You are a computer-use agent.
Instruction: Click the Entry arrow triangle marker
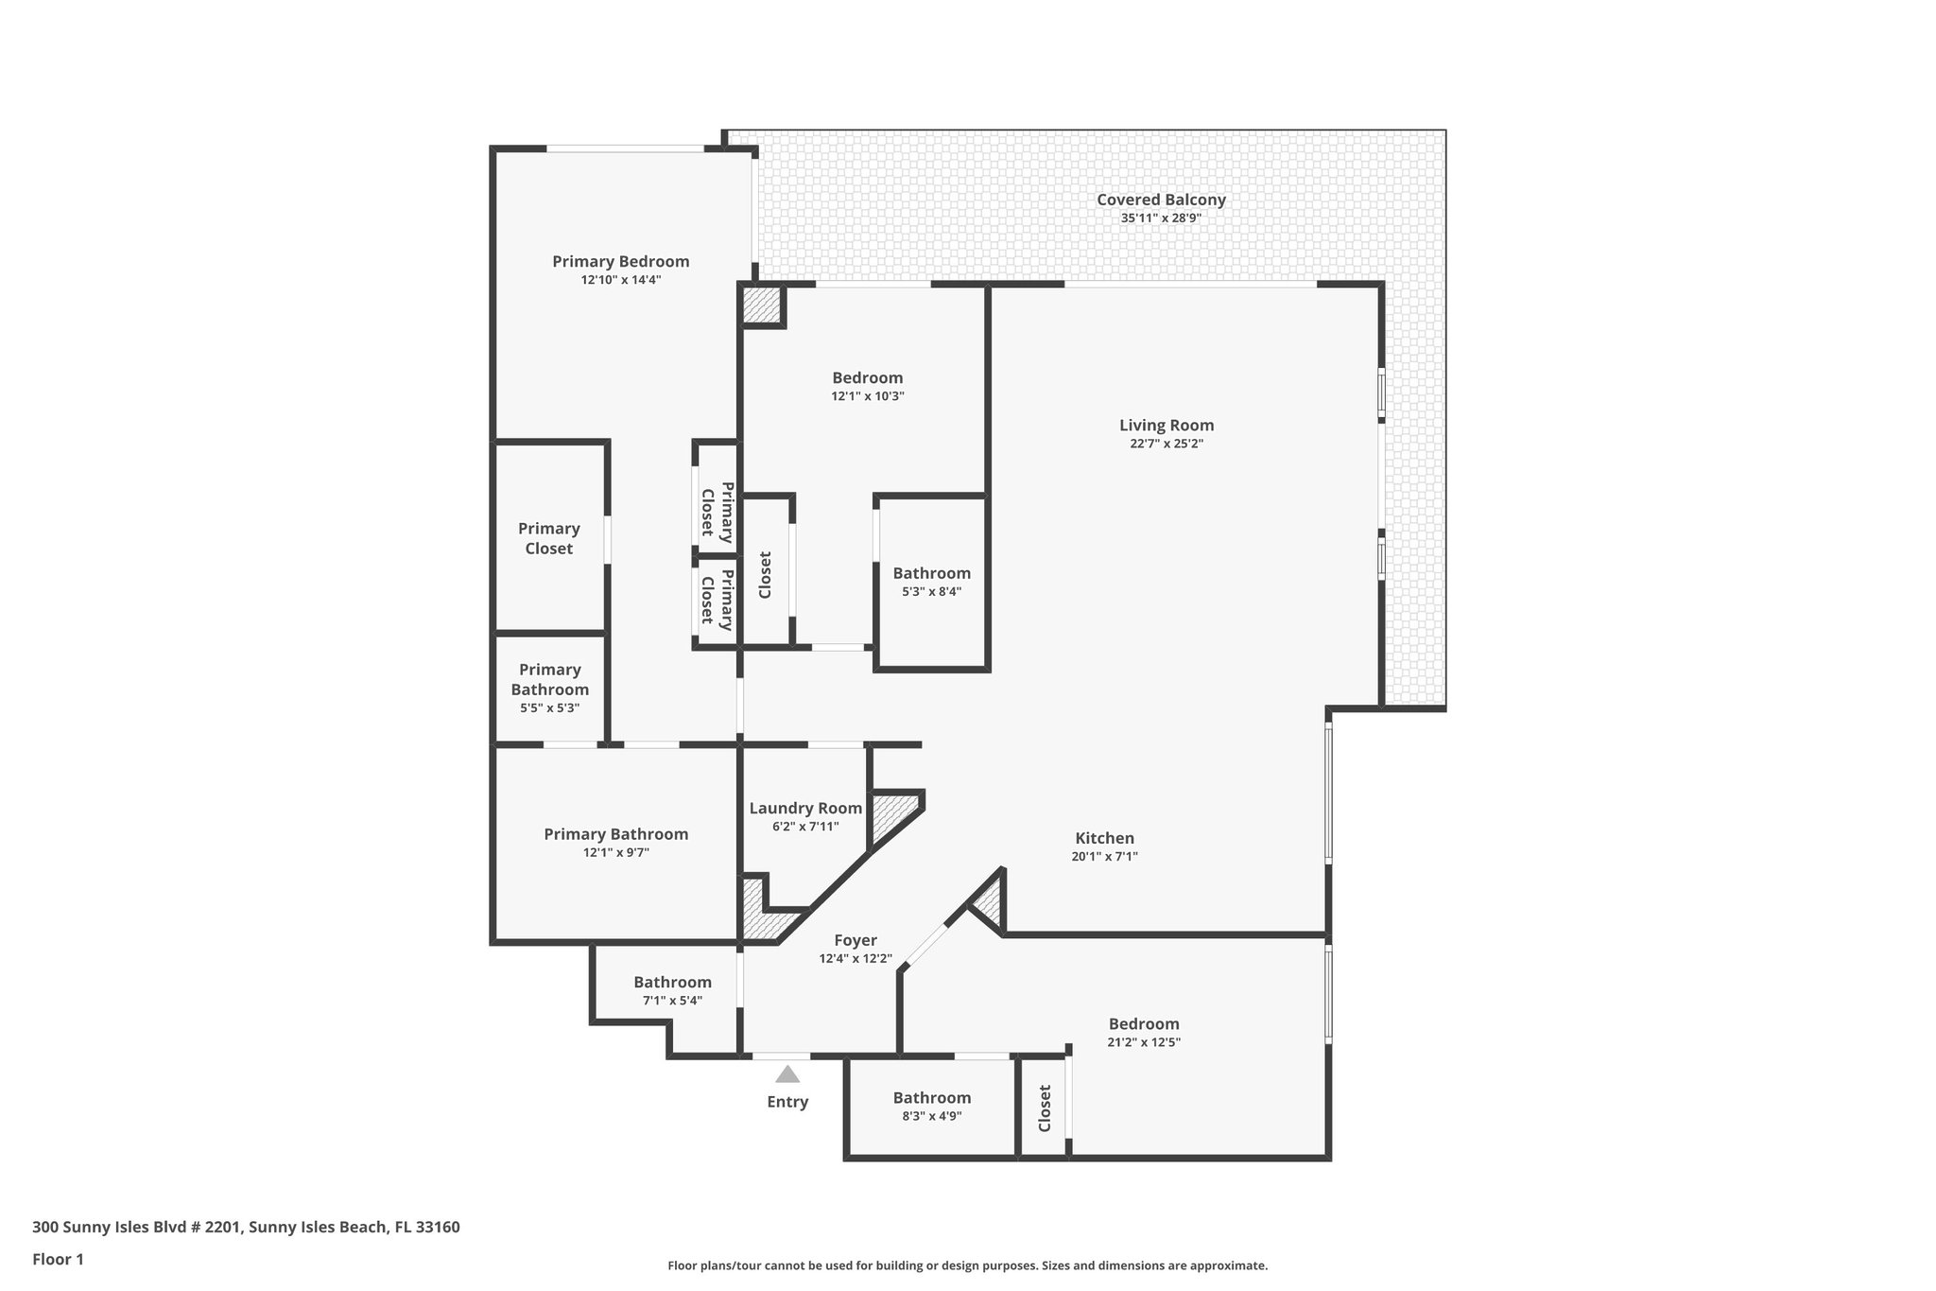click(787, 1074)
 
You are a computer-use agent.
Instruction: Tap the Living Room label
click(1166, 426)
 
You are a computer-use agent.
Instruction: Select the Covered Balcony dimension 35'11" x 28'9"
click(1160, 218)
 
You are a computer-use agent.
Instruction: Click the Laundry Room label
click(805, 808)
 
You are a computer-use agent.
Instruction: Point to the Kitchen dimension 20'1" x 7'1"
click(1104, 857)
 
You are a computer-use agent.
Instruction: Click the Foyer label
click(855, 940)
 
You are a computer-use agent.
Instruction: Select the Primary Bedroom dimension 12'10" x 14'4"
click(620, 280)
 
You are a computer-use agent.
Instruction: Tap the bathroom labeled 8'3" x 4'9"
click(931, 1106)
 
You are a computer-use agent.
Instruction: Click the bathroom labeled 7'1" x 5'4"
click(672, 990)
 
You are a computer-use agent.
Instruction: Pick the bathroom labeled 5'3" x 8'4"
click(931, 581)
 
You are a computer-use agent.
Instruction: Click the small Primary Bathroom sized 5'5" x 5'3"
click(549, 688)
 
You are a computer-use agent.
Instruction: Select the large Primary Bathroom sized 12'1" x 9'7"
click(615, 843)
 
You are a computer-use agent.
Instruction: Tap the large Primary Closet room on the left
click(549, 538)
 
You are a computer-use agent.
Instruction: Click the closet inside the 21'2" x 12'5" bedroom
click(1044, 1108)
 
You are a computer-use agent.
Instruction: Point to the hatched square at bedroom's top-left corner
click(761, 305)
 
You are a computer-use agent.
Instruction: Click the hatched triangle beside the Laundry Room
click(890, 816)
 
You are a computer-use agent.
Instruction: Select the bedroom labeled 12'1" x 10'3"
click(867, 386)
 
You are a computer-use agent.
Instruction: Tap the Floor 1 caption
click(58, 1259)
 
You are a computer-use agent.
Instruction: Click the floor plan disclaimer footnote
click(967, 1265)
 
